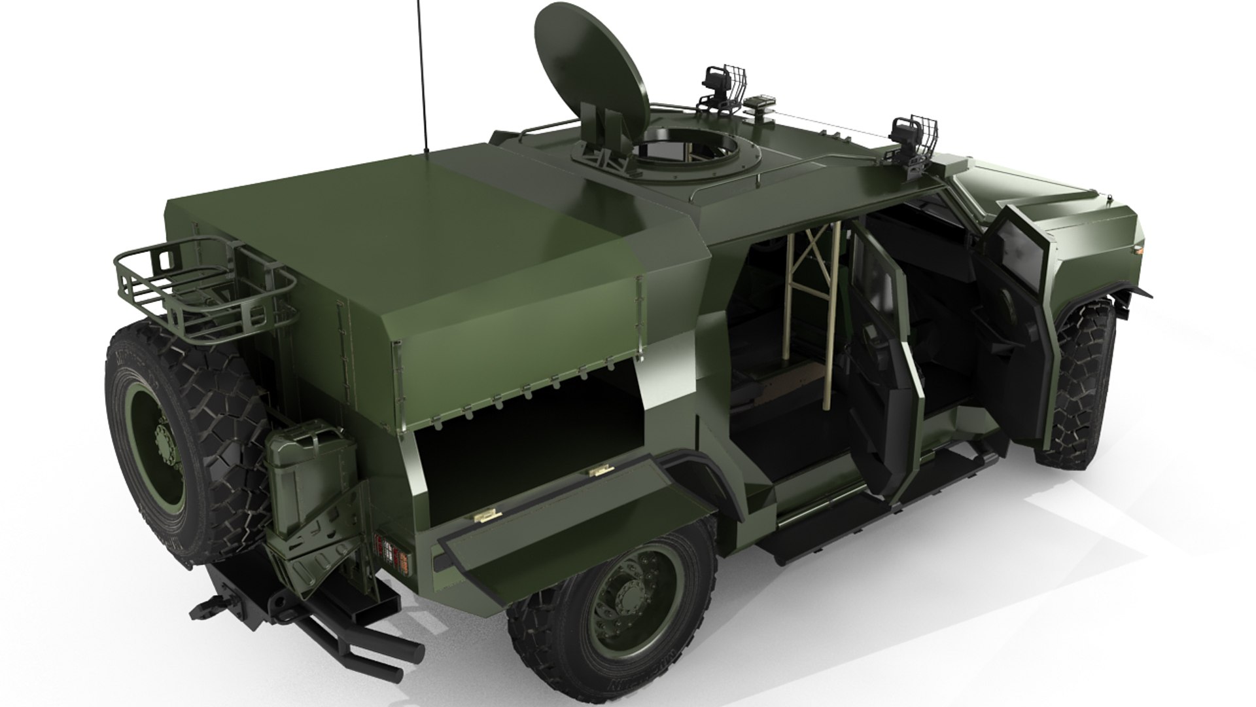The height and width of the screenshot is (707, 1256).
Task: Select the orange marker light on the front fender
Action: point(1139,249)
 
